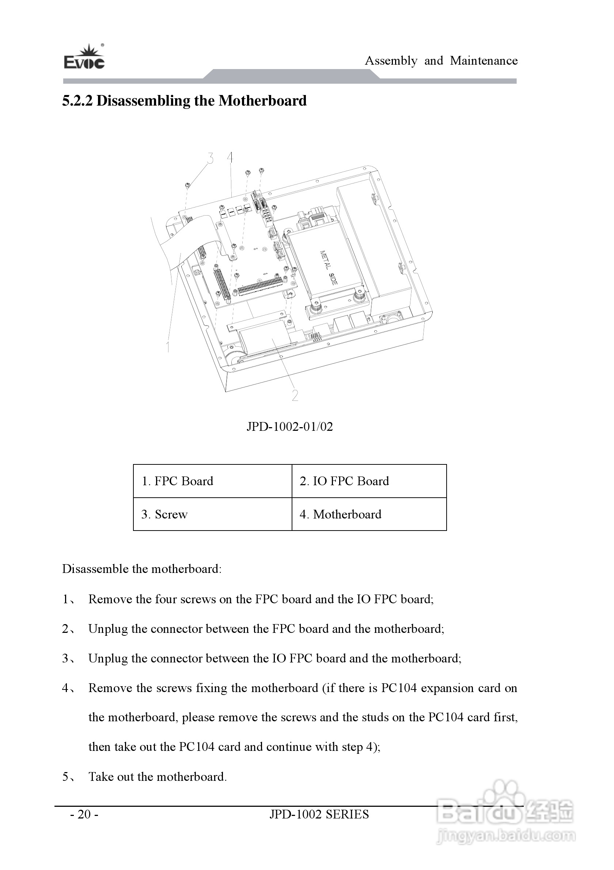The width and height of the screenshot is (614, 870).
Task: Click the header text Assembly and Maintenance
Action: [441, 61]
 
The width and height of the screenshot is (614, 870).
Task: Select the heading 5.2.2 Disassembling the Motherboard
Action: [184, 101]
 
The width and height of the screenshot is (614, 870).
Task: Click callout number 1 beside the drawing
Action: [168, 346]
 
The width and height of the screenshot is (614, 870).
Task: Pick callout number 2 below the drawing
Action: [295, 395]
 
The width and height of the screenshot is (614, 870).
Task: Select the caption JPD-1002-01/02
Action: [289, 427]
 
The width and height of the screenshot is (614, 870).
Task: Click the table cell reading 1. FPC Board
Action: [177, 481]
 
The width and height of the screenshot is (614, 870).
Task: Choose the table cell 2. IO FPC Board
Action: [344, 481]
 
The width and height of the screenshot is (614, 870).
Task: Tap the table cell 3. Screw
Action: [164, 514]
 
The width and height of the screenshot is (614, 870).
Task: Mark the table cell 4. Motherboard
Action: [340, 514]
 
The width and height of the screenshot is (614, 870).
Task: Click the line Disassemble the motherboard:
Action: [142, 569]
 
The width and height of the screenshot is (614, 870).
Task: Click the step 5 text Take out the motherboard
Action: [158, 776]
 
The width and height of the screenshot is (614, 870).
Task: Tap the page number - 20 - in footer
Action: [84, 814]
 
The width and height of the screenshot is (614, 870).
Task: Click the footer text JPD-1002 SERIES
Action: [319, 814]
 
